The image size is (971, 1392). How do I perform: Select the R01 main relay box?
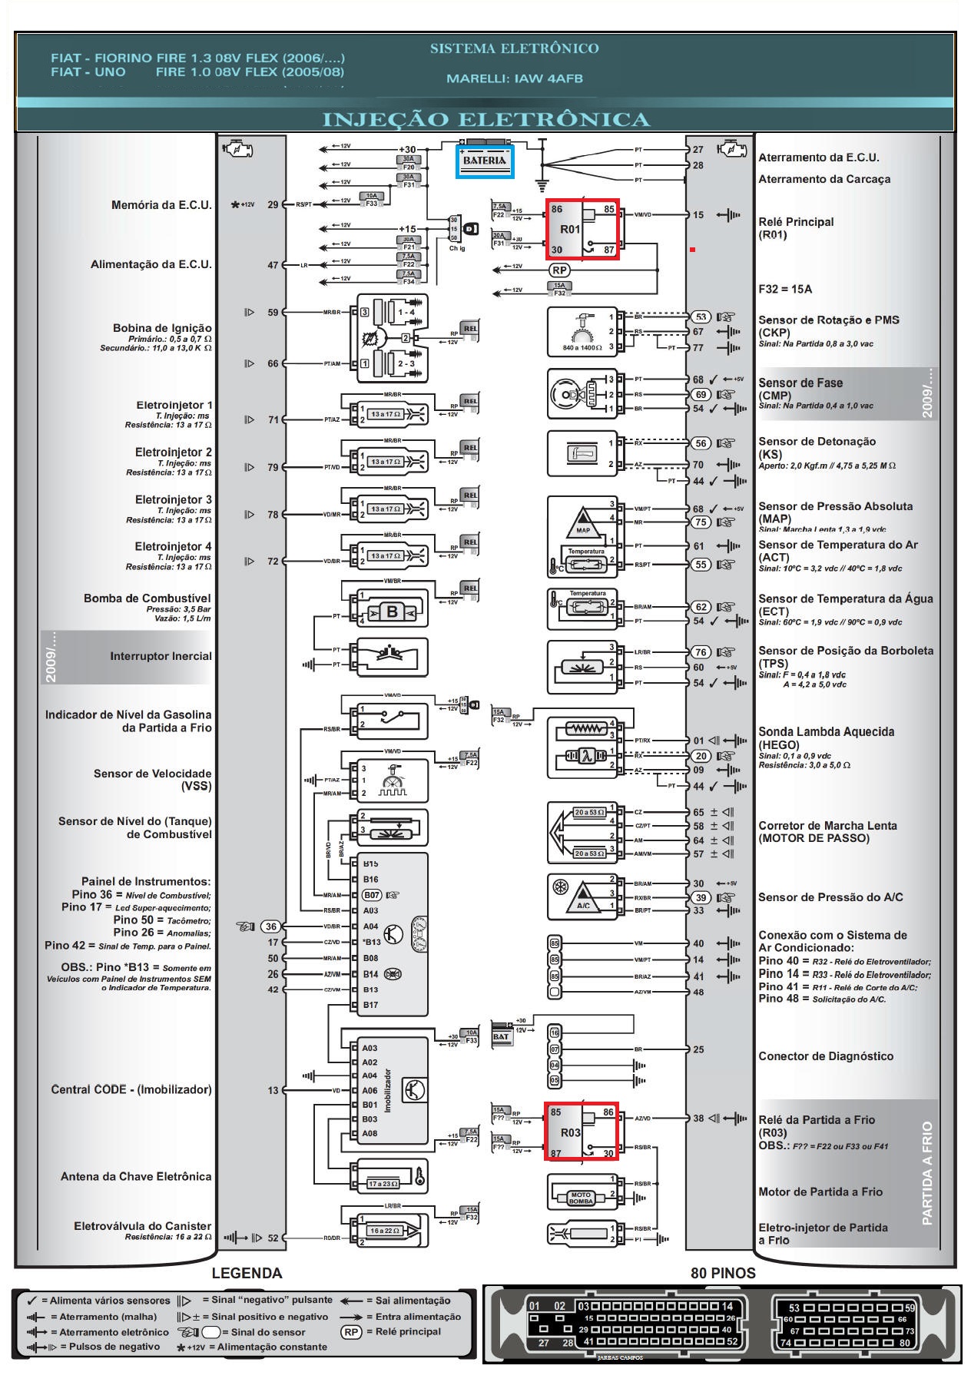tap(582, 229)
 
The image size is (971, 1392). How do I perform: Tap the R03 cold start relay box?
tap(582, 1132)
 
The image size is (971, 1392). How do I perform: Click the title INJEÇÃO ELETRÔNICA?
tap(485, 120)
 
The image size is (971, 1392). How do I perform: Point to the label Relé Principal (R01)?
tap(796, 228)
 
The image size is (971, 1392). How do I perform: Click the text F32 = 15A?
tap(785, 289)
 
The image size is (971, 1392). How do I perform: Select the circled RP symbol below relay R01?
tap(559, 270)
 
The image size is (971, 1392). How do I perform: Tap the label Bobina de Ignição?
tap(162, 328)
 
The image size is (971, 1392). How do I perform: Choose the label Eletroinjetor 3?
tap(174, 499)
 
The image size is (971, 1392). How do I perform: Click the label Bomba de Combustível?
tap(147, 598)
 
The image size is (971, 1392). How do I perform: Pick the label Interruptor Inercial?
tap(161, 656)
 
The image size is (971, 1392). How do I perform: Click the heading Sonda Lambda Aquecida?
tap(826, 731)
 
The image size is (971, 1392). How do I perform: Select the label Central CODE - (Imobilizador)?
tap(131, 1089)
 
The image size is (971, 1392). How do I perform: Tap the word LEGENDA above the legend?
tap(247, 1273)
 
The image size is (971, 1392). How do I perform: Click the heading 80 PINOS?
tap(723, 1273)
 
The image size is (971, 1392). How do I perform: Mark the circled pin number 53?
tap(701, 317)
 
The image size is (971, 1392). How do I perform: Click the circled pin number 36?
tap(272, 926)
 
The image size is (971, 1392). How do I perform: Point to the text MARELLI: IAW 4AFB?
tap(514, 78)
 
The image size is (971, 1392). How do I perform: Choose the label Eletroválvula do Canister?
tap(142, 1226)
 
